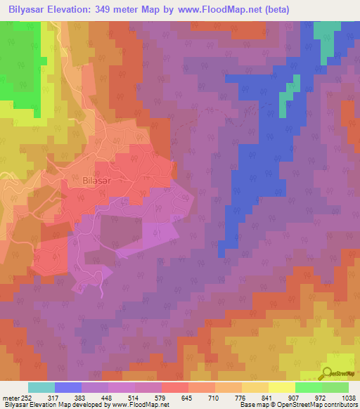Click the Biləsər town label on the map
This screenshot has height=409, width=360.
point(97,180)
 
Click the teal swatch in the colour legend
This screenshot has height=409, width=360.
point(41,387)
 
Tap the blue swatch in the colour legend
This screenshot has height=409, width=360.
point(68,387)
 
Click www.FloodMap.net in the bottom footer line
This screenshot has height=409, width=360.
point(139,405)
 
